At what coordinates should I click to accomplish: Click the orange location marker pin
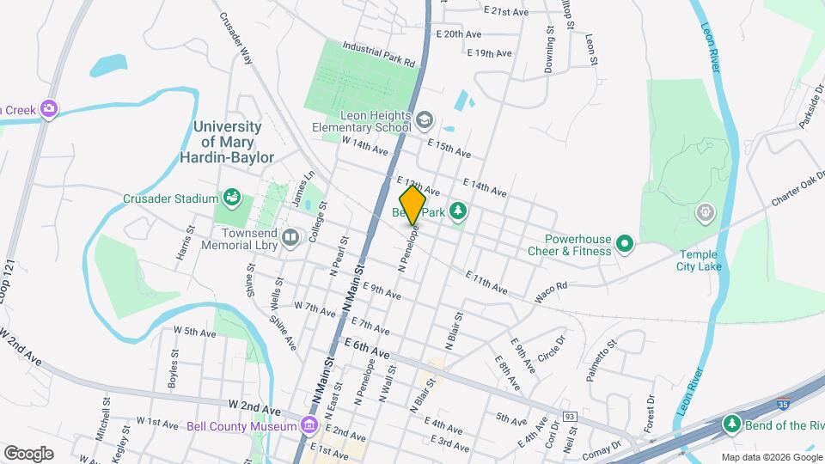(x=412, y=205)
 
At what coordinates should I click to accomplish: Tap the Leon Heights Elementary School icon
(x=425, y=119)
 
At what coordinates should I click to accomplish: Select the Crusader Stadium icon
(x=231, y=199)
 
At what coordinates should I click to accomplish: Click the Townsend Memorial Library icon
(x=291, y=236)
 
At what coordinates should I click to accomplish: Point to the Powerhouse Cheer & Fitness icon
(x=625, y=245)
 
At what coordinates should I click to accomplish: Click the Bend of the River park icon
(x=731, y=423)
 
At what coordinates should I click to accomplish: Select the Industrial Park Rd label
(x=379, y=54)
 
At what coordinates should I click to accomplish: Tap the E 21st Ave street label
(x=505, y=12)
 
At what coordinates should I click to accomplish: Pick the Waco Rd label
(x=552, y=291)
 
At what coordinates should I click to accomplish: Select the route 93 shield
(x=570, y=417)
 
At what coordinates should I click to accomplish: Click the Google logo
(x=28, y=453)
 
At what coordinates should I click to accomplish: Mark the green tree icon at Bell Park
(x=459, y=211)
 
